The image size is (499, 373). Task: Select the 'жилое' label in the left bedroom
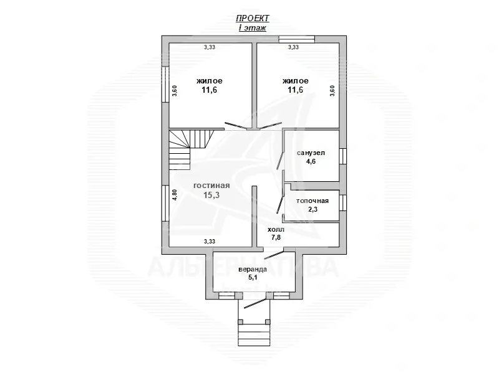209,81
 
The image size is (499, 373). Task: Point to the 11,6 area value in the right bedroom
295,90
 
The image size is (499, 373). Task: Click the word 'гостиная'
211,186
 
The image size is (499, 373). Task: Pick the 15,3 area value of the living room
211,195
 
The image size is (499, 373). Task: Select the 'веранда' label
252,269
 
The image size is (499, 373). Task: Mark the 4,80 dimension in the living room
175,194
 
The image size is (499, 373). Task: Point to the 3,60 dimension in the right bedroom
332,90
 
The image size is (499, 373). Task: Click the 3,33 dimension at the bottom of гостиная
210,241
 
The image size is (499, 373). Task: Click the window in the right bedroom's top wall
296,39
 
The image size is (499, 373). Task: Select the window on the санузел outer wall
342,156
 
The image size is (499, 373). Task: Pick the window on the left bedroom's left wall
165,84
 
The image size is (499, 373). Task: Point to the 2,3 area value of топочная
312,210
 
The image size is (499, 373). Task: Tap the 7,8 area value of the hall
276,238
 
